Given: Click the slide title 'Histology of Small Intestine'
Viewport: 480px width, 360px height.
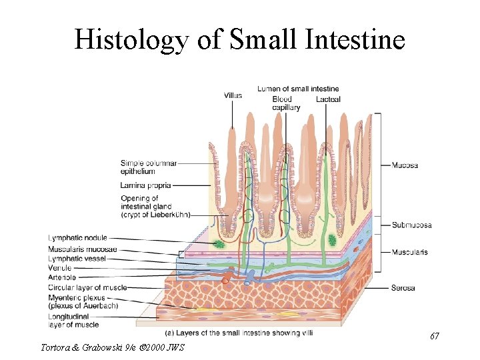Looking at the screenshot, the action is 239,40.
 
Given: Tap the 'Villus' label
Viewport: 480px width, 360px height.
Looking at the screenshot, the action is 233,95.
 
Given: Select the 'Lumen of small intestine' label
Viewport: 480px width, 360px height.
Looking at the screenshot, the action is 298,89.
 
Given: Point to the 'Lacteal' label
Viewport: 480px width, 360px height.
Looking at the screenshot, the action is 328,99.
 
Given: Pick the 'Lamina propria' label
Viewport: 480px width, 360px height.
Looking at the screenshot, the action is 146,185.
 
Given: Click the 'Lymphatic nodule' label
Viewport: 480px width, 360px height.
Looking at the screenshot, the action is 77,238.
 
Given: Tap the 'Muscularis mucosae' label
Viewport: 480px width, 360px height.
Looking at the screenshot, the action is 83,249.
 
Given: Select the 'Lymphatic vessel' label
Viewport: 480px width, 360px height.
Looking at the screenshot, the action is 77,258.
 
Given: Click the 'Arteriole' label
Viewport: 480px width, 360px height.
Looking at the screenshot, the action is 62,277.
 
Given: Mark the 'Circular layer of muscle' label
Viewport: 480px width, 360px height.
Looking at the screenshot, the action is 87,287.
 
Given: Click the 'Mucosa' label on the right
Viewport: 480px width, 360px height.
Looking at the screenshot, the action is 405,165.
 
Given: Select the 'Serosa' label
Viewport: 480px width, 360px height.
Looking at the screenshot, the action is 403,288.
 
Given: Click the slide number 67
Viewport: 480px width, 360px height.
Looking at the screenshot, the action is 434,335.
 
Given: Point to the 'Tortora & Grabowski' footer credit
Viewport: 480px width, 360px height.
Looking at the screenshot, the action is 112,347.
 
